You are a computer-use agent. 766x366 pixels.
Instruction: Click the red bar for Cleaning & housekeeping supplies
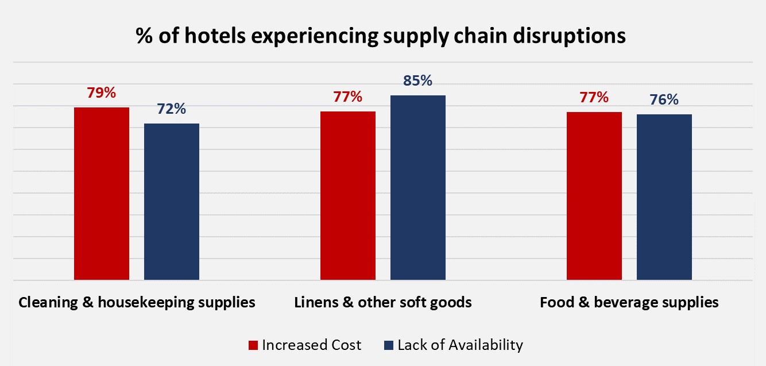[102, 194]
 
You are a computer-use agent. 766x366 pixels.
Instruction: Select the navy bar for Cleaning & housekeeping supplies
[172, 202]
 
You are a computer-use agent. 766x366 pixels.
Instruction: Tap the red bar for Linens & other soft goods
[348, 195]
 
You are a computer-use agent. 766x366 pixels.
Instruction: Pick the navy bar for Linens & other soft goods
[418, 187]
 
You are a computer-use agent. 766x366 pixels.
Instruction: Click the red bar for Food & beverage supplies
[594, 196]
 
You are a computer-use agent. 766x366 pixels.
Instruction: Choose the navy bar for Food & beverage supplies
[664, 197]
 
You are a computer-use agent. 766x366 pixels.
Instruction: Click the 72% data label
[172, 109]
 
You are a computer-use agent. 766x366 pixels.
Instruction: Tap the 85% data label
[418, 81]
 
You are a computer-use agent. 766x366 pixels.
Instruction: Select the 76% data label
[664, 100]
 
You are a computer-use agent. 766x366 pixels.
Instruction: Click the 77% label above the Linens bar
[348, 97]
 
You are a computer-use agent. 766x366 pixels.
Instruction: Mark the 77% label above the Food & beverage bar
[594, 98]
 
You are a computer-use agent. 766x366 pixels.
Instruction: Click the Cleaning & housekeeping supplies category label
[137, 302]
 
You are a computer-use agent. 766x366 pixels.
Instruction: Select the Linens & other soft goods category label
[383, 302]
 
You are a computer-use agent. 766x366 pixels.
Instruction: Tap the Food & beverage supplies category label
[629, 302]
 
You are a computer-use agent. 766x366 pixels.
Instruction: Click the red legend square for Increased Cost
[253, 345]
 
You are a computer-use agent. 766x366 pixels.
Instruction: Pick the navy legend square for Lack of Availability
[388, 345]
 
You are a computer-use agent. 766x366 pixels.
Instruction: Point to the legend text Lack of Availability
[461, 345]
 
